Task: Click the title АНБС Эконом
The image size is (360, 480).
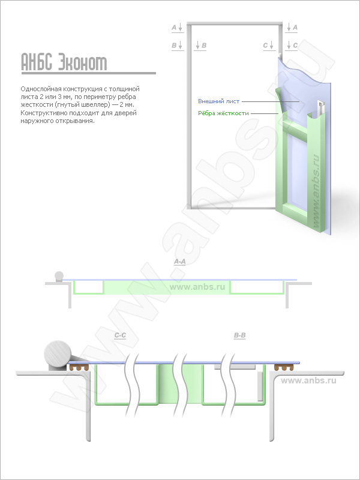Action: point(64,62)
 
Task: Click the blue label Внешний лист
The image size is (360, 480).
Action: point(218,101)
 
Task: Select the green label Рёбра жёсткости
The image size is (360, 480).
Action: point(223,113)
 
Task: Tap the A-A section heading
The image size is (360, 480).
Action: point(179,262)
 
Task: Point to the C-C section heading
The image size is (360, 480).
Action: point(120,335)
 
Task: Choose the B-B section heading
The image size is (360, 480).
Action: point(239,335)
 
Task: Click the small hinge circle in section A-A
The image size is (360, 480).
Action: point(59,276)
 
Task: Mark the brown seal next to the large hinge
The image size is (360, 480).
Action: point(79,367)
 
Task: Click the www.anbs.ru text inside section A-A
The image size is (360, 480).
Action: point(197,287)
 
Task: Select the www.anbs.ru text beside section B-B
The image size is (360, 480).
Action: point(308,380)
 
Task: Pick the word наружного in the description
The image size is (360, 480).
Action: point(34,121)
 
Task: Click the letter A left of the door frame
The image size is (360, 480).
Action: point(174,28)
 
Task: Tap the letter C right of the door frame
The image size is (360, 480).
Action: point(295,46)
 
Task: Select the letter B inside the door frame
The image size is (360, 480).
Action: point(204,46)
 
